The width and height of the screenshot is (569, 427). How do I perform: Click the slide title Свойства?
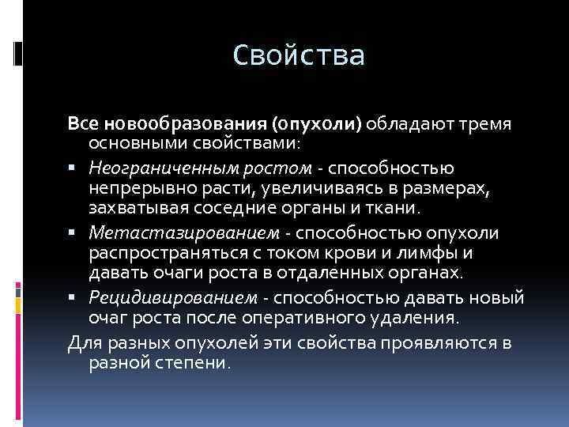[300, 56]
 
